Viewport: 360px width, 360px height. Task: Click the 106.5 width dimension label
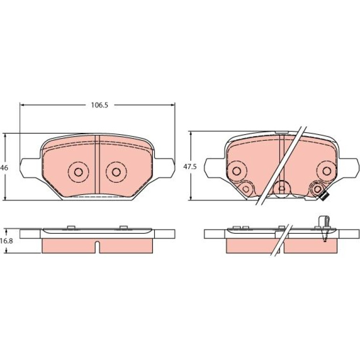(x=100, y=105)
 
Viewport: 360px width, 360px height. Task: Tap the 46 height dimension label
(x=4, y=168)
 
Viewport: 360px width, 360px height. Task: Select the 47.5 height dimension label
(x=190, y=167)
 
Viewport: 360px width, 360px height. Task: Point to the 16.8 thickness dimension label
(x=7, y=241)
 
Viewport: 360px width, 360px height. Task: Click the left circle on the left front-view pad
(x=78, y=172)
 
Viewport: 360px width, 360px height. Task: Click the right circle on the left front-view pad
(x=116, y=172)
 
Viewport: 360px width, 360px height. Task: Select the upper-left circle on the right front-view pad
(x=237, y=171)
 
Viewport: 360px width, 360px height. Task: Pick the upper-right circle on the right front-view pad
(x=326, y=171)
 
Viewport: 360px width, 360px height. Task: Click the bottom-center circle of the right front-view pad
(x=282, y=188)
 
